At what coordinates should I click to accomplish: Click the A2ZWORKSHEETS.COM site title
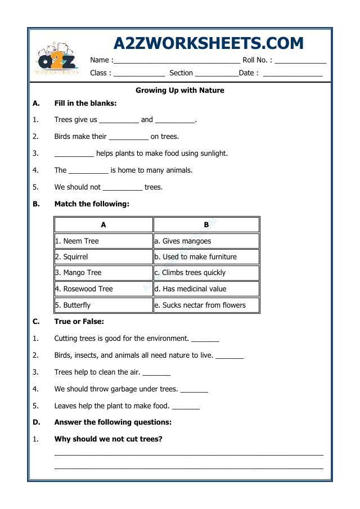tap(208, 43)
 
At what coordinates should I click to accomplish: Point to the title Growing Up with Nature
tap(180, 90)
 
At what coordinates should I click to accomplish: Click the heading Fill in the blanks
tap(85, 103)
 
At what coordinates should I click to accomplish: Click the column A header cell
tap(103, 224)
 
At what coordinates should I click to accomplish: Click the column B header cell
tap(206, 224)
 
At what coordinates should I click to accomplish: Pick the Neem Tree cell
tap(103, 241)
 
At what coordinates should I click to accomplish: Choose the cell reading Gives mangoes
tap(206, 241)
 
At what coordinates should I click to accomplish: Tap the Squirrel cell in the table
tap(103, 256)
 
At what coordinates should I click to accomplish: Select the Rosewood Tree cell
tap(103, 289)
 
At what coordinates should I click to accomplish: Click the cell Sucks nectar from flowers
tap(206, 305)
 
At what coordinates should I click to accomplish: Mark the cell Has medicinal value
tap(206, 289)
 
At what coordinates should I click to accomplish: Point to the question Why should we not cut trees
tap(108, 439)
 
